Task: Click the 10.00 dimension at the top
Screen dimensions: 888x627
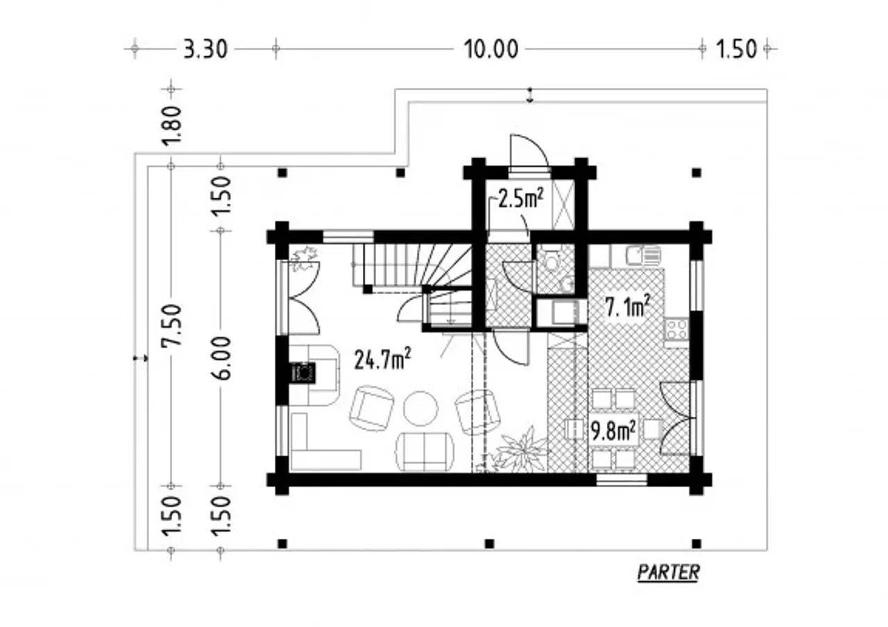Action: coord(490,49)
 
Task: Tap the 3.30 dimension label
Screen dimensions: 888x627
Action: coord(205,50)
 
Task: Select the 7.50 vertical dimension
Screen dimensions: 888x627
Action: coord(171,325)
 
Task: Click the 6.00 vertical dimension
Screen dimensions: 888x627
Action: coord(221,358)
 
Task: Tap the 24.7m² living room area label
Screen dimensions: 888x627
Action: coord(382,359)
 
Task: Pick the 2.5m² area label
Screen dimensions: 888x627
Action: coord(520,198)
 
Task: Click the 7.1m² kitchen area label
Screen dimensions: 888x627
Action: coord(627,306)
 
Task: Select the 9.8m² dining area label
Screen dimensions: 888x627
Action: coord(613,431)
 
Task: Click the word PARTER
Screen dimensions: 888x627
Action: coord(668,572)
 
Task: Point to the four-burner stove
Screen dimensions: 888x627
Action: coord(676,329)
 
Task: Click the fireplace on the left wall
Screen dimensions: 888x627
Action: coord(304,372)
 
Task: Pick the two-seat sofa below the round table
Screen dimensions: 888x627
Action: coord(425,452)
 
